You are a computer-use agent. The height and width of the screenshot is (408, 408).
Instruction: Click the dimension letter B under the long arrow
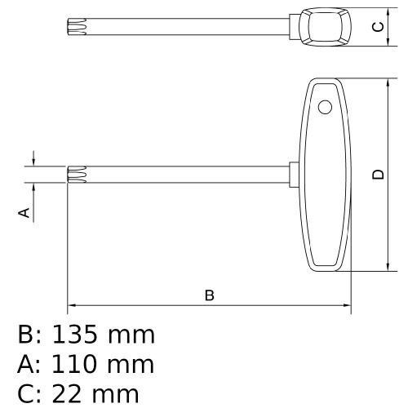coord(209,295)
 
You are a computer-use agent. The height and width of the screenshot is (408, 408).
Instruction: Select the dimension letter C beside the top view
coord(377,27)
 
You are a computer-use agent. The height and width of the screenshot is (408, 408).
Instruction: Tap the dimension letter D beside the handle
coord(377,175)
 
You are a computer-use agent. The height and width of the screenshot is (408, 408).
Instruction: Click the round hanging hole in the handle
coord(325,106)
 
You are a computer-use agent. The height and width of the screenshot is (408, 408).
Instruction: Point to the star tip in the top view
coord(72,27)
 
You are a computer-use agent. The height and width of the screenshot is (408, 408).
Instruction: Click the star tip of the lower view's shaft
coord(76,174)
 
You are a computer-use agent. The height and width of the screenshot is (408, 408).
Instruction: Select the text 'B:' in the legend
coord(30,335)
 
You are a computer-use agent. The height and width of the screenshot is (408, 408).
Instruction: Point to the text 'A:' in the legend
coord(30,364)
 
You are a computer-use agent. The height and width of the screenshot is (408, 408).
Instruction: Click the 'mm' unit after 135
coord(131,335)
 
